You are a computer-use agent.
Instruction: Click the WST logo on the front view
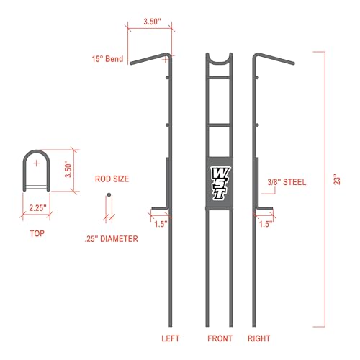[x=220, y=183]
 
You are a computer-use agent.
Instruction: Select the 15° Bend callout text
[x=107, y=59]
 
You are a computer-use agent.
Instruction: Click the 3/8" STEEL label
[x=287, y=182]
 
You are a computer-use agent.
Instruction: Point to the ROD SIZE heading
[x=112, y=179]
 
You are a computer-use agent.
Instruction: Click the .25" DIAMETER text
[x=112, y=239]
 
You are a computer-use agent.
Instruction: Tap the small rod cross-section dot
[x=109, y=194]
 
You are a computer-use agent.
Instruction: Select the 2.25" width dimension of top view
[x=37, y=208]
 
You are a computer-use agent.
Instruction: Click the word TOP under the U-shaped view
[x=37, y=233]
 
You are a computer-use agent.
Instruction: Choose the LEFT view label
[x=170, y=338]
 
